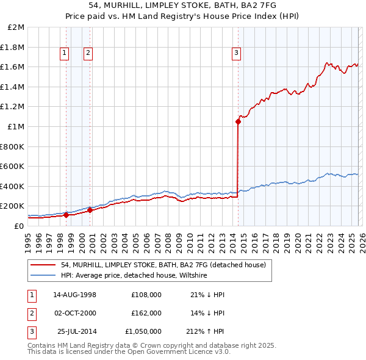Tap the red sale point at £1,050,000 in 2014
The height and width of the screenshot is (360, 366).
click(x=238, y=121)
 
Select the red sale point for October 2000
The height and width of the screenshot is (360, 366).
click(x=90, y=210)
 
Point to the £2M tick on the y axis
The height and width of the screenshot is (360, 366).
click(x=16, y=27)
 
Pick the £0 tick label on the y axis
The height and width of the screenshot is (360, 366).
click(x=20, y=226)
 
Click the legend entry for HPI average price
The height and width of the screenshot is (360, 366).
click(x=134, y=276)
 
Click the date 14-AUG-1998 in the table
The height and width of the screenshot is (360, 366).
click(x=74, y=295)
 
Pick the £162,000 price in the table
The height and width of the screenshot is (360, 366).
click(x=146, y=313)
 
